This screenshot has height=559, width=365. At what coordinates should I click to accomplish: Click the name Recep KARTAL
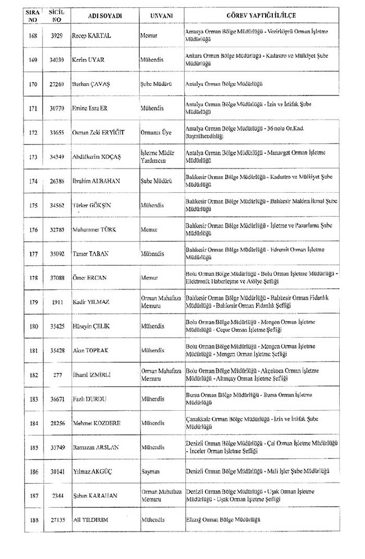coord(92,36)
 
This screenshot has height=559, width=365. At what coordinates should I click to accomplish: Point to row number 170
coord(34,84)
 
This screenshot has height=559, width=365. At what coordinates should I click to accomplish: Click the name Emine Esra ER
coord(90,108)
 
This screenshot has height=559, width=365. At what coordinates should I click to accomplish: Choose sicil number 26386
coord(57,181)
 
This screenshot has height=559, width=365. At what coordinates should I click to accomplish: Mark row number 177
coord(34,253)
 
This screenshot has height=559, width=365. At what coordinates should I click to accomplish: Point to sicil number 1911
coord(57,302)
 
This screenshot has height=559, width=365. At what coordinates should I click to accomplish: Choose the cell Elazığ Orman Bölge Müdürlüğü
coord(223,520)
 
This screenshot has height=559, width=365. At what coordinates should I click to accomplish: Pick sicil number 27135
coord(57,520)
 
